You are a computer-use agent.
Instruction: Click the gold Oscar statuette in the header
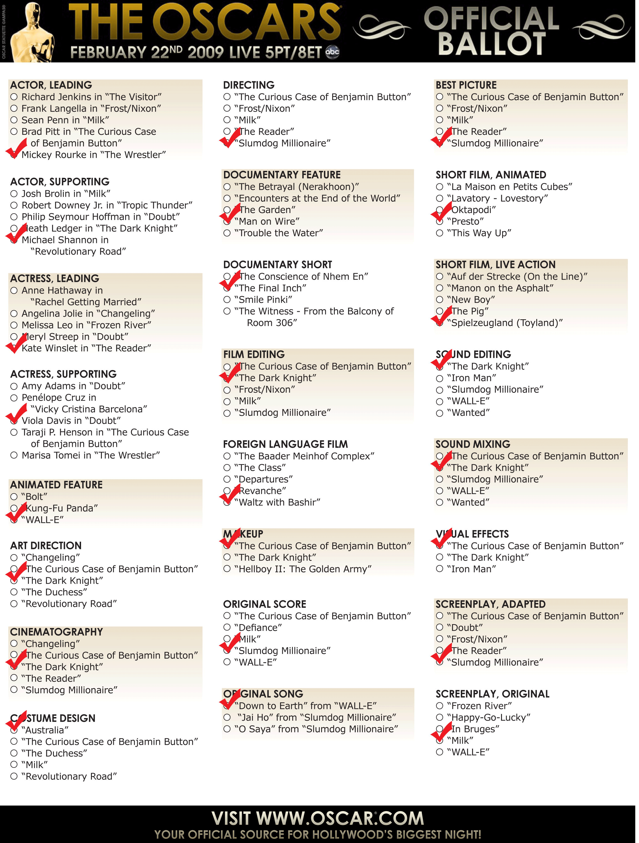(33, 32)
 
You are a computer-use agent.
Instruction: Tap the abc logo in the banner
(333, 52)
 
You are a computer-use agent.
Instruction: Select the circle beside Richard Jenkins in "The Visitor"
(14, 97)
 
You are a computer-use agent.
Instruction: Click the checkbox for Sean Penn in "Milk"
(14, 120)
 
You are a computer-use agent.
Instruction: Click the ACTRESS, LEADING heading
(54, 278)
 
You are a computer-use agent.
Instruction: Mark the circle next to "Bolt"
(14, 497)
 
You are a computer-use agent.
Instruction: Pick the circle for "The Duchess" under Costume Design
(14, 753)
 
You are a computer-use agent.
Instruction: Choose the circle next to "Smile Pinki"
(227, 300)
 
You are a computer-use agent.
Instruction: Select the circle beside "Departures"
(227, 479)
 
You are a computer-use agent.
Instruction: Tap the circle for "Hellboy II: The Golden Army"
(227, 569)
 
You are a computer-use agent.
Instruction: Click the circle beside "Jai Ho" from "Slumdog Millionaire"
(227, 717)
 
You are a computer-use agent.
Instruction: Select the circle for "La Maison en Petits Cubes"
(440, 187)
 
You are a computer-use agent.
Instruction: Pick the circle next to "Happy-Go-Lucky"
(440, 717)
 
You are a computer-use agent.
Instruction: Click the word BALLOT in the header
(492, 44)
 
